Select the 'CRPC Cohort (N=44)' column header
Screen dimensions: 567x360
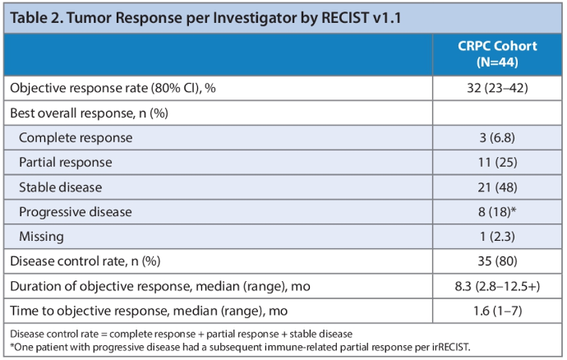click(x=497, y=54)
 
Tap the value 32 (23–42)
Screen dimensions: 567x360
click(x=497, y=88)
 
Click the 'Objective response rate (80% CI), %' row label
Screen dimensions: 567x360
click(x=113, y=88)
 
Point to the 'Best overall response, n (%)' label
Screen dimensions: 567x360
click(x=90, y=113)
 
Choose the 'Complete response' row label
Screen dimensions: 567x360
click(x=76, y=138)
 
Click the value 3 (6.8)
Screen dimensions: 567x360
click(x=497, y=138)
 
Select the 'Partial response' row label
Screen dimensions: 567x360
click(x=66, y=163)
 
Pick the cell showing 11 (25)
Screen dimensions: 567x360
click(x=498, y=163)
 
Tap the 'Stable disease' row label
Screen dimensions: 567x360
click(x=60, y=187)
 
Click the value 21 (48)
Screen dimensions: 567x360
click(x=498, y=187)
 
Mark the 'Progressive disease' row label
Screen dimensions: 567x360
click(x=76, y=212)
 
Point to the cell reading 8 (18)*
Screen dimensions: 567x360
click(x=497, y=212)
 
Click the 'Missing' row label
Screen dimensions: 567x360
click(x=41, y=237)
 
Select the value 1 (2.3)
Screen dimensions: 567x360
click(x=497, y=237)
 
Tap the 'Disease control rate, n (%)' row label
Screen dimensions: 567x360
click(x=85, y=261)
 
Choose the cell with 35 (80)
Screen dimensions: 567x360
click(x=498, y=261)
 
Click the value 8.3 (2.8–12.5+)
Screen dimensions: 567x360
click(x=497, y=286)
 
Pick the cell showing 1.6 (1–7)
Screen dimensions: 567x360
click(x=498, y=311)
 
